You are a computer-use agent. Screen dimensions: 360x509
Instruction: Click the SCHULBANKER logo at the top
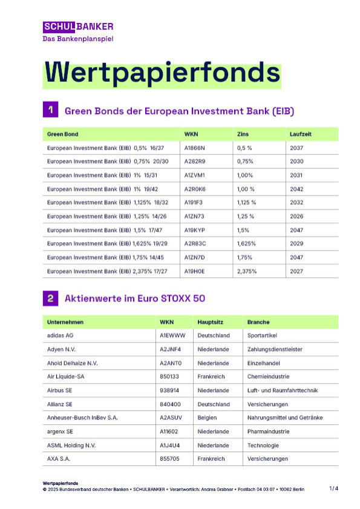tap(78, 27)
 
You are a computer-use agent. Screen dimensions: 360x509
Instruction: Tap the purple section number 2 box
tap(50, 298)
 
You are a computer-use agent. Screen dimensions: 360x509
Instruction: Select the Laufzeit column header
tap(301, 134)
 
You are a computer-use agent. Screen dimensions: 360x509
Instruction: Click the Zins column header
tap(243, 134)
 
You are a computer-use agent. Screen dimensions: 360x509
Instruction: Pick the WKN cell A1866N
tap(195, 148)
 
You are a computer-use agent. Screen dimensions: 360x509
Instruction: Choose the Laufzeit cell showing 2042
tap(297, 189)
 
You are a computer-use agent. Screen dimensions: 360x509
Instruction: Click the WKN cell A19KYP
tap(194, 231)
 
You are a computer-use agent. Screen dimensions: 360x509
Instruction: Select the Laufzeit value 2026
tap(297, 217)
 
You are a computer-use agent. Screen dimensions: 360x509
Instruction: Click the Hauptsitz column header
tap(211, 322)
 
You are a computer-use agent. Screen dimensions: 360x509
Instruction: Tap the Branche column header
tap(258, 322)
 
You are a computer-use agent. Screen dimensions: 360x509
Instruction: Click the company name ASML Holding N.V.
tap(71, 445)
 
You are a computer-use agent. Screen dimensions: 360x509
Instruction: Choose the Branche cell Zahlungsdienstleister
tap(275, 349)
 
